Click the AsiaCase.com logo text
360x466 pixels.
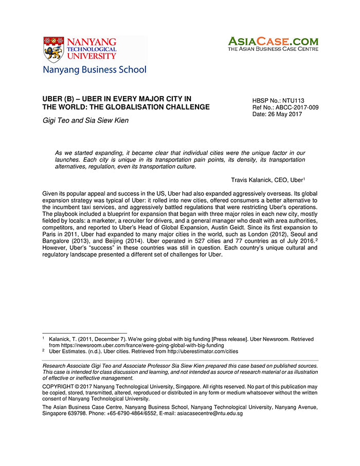[x=273, y=41]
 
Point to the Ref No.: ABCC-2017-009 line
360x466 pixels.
[x=285, y=107]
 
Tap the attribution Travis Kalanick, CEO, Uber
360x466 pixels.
[x=267, y=180]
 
